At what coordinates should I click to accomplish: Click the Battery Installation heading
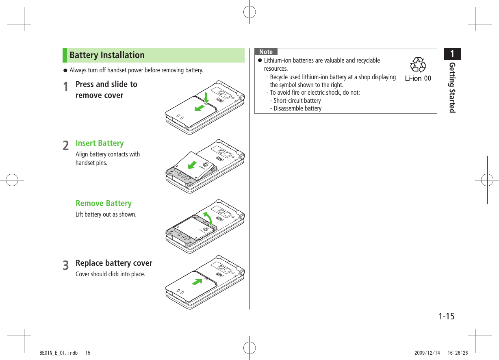pyautogui.click(x=107, y=55)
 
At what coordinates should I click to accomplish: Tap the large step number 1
pyautogui.click(x=66, y=87)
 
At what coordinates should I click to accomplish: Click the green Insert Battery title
pyautogui.click(x=100, y=143)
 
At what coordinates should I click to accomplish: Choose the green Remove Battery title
pyautogui.click(x=104, y=204)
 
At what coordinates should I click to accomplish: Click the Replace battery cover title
pyautogui.click(x=114, y=263)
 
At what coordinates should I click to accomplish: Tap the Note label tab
pyautogui.click(x=266, y=52)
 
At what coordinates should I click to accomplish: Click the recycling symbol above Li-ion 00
pyautogui.click(x=418, y=65)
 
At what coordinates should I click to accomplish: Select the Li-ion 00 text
pyautogui.click(x=418, y=78)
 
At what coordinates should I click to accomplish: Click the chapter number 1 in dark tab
pyautogui.click(x=452, y=54)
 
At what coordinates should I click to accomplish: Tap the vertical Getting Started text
pyautogui.click(x=452, y=88)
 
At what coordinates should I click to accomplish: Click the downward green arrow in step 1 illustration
pyautogui.click(x=206, y=98)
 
